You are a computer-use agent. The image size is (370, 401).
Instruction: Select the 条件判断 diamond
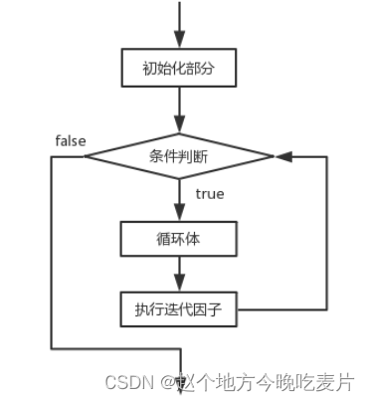click(x=179, y=155)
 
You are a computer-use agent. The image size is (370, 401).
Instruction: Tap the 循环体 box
click(x=179, y=239)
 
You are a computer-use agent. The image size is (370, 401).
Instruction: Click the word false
click(x=69, y=140)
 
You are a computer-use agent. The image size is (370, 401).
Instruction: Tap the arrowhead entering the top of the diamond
click(x=179, y=124)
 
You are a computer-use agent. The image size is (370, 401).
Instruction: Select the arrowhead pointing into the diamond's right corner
click(x=282, y=155)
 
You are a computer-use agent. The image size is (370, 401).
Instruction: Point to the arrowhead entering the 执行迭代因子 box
click(x=179, y=285)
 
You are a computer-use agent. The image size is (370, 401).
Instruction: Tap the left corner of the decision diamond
click(x=86, y=155)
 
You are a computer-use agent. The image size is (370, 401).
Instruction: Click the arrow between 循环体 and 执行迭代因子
click(x=179, y=271)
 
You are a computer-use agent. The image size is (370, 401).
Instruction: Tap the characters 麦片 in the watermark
click(x=337, y=381)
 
